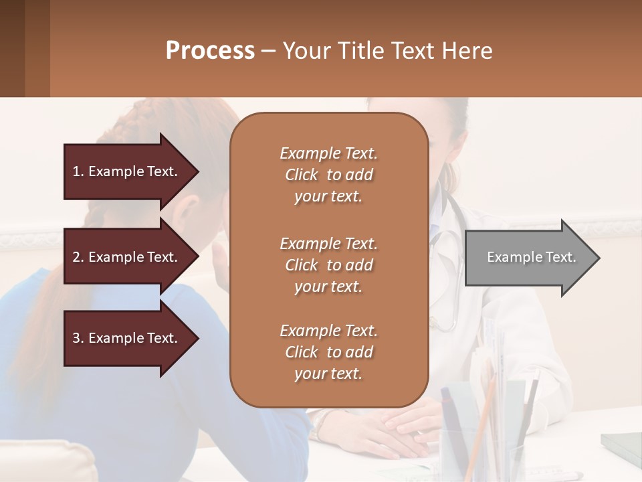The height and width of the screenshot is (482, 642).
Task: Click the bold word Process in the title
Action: coord(210,50)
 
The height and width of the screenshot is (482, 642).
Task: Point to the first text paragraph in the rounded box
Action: coord(328,175)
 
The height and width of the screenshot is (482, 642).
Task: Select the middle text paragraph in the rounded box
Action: coord(328,265)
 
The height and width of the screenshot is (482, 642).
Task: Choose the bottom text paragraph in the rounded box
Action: coord(328,352)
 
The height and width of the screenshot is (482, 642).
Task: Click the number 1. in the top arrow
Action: coord(78,171)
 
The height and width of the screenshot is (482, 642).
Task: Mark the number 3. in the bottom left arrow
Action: coord(78,338)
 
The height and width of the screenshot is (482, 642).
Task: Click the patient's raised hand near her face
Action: coord(219,258)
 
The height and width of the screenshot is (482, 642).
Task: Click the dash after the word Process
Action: coord(269,51)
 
